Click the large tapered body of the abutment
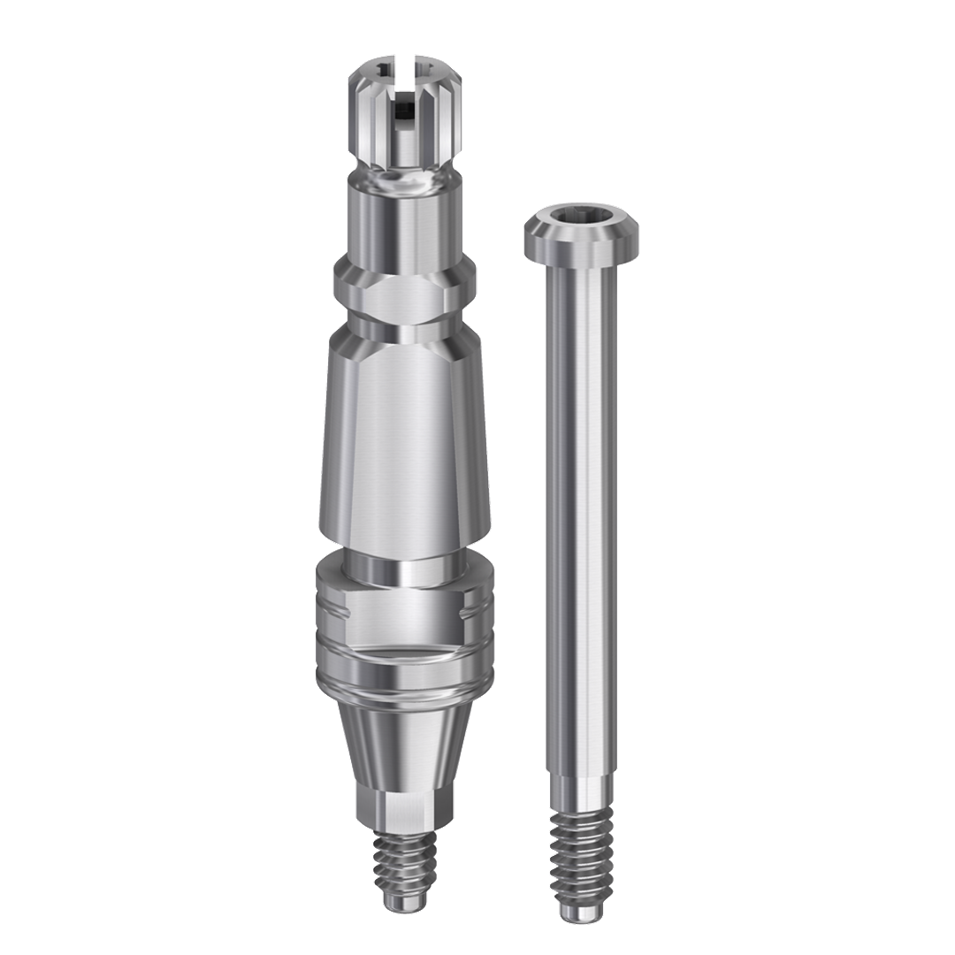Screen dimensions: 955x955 tap(403, 442)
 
